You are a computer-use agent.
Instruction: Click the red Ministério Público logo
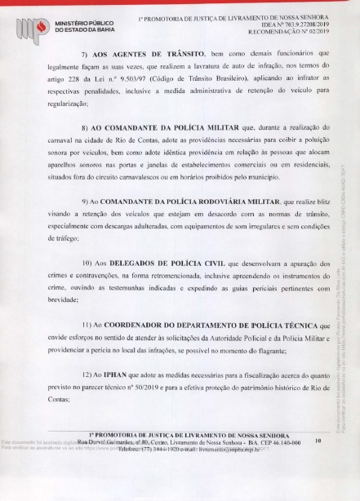(33, 24)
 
